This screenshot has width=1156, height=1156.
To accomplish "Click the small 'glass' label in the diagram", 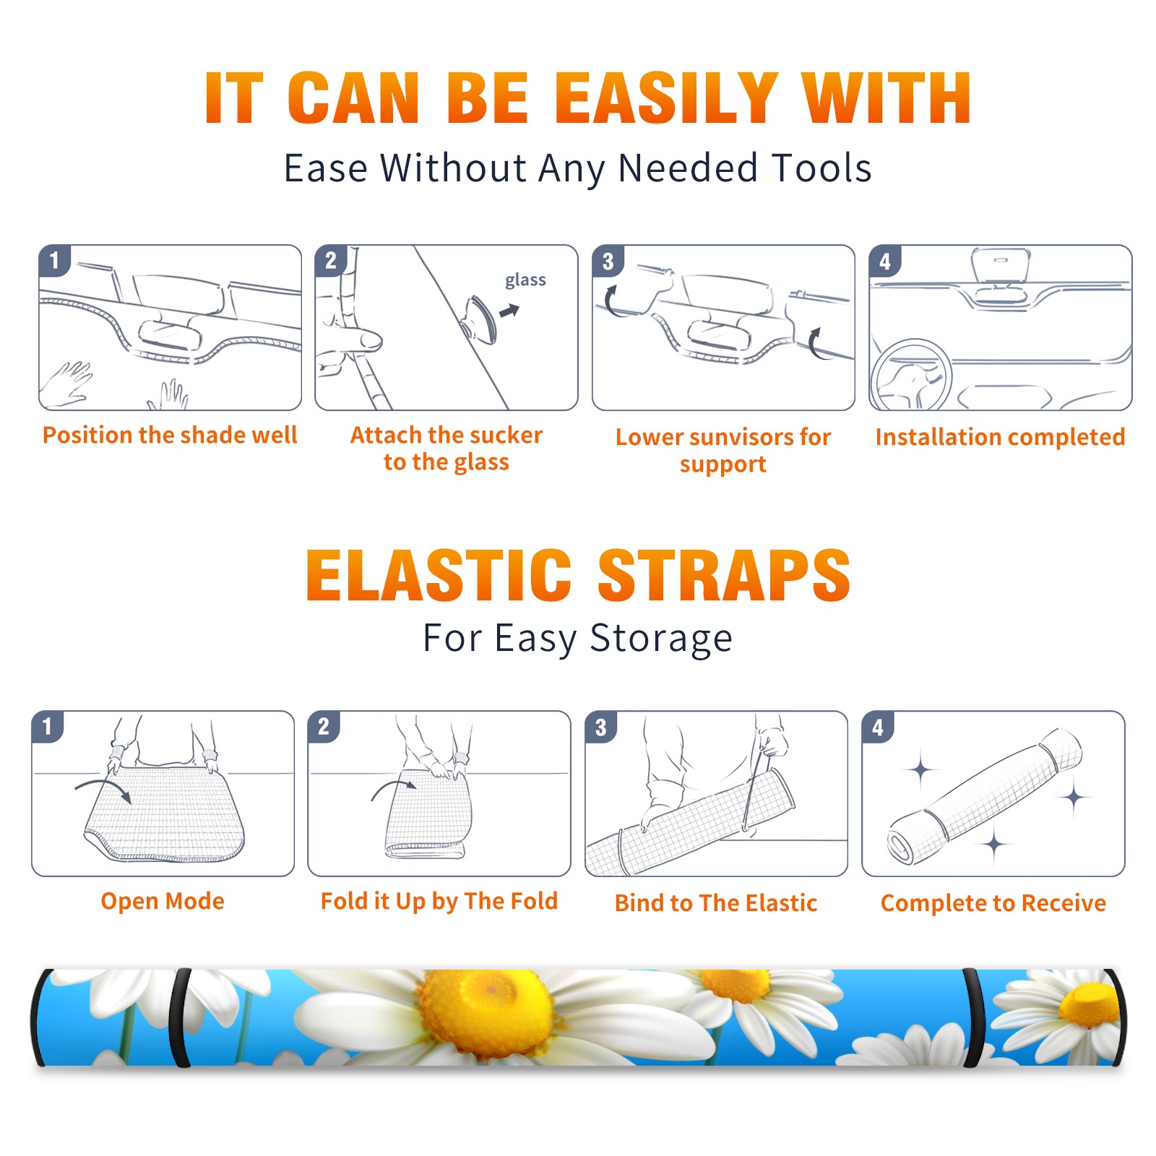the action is [x=525, y=280].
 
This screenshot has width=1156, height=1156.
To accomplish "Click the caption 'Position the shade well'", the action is [x=170, y=435].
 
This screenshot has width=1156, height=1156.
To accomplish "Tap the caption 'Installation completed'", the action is [x=1000, y=437].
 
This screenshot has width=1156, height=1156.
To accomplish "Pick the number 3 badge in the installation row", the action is [x=608, y=262].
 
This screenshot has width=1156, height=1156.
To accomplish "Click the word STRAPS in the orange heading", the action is [x=724, y=575].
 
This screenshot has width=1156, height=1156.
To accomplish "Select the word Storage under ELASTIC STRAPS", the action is [x=661, y=639].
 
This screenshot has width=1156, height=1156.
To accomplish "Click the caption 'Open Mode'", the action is [x=163, y=901].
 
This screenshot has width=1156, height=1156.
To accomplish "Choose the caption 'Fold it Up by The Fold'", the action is [x=439, y=902].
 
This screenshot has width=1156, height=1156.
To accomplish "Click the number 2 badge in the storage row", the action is [x=323, y=727].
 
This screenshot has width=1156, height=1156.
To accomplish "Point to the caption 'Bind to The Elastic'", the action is [x=716, y=903].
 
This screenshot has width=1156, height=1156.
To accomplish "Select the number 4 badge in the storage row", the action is [x=878, y=727].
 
